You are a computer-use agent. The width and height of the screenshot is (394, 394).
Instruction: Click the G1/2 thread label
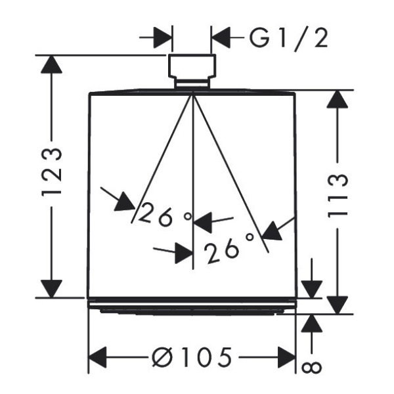click(x=289, y=38)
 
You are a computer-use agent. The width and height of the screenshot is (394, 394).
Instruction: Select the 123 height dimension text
click(x=51, y=173)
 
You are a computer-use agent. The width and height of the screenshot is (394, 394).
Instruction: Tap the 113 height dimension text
click(x=338, y=195)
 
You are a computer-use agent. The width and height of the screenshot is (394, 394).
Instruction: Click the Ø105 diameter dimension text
click(x=192, y=357)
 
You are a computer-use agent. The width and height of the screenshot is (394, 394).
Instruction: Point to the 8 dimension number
click(x=311, y=368)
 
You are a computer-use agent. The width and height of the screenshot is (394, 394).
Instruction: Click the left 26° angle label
click(x=165, y=215)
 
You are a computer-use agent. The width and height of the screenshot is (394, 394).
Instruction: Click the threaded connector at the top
click(x=192, y=71)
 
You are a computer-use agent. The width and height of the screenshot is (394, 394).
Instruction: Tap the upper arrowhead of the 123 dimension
click(x=51, y=64)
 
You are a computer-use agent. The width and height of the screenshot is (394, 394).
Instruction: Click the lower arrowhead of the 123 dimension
click(x=51, y=289)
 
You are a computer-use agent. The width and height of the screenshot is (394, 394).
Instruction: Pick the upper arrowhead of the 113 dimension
click(x=338, y=99)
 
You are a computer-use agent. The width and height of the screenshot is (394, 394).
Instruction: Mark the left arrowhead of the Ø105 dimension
click(x=97, y=357)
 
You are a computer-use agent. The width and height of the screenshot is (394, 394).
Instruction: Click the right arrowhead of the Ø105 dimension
click(x=286, y=357)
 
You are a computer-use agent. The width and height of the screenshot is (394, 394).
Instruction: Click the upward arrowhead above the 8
click(x=311, y=323)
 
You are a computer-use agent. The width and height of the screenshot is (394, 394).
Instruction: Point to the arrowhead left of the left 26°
click(x=125, y=202)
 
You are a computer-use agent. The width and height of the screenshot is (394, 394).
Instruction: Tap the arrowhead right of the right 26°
click(x=272, y=231)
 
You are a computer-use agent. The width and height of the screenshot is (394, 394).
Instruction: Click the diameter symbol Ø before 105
click(x=163, y=357)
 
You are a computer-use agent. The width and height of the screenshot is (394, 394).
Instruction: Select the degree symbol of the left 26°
click(x=188, y=216)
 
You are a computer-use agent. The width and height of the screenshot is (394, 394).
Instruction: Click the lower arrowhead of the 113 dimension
click(x=338, y=305)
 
